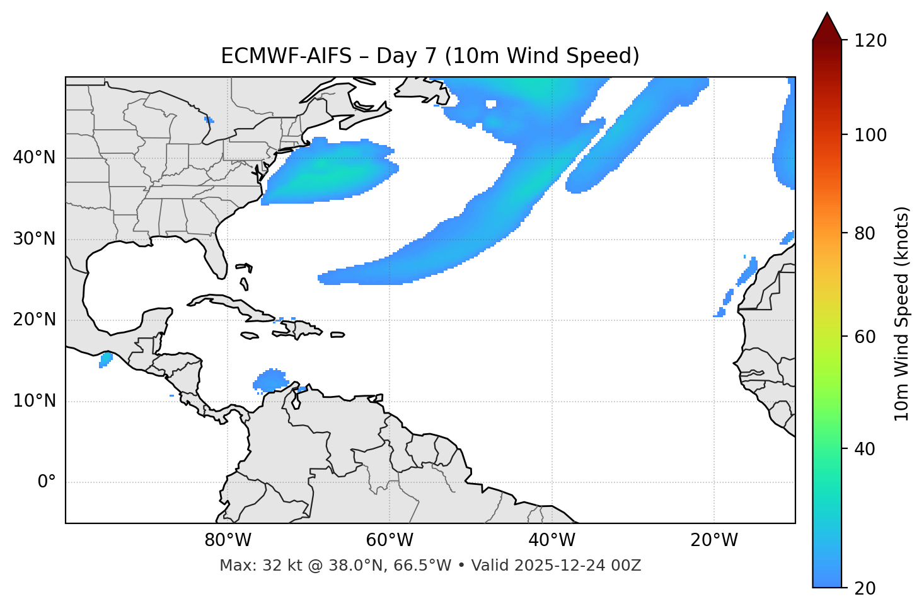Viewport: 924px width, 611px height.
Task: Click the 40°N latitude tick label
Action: pos(34,158)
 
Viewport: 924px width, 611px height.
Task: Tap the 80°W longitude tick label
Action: pos(228,540)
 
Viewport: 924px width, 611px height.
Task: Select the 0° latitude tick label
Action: pos(46,482)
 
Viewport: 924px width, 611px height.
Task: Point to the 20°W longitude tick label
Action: pos(714,540)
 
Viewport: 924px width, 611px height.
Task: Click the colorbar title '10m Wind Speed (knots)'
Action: pos(902,313)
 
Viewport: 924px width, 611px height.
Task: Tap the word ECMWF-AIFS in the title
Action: pos(286,56)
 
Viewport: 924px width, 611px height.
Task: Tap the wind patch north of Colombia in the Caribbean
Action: pos(271,380)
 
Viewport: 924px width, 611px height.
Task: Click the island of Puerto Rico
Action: pos(337,335)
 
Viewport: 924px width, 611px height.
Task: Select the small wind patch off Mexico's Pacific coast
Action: pos(105,359)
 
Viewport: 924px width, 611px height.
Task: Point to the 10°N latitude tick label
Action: pos(34,401)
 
